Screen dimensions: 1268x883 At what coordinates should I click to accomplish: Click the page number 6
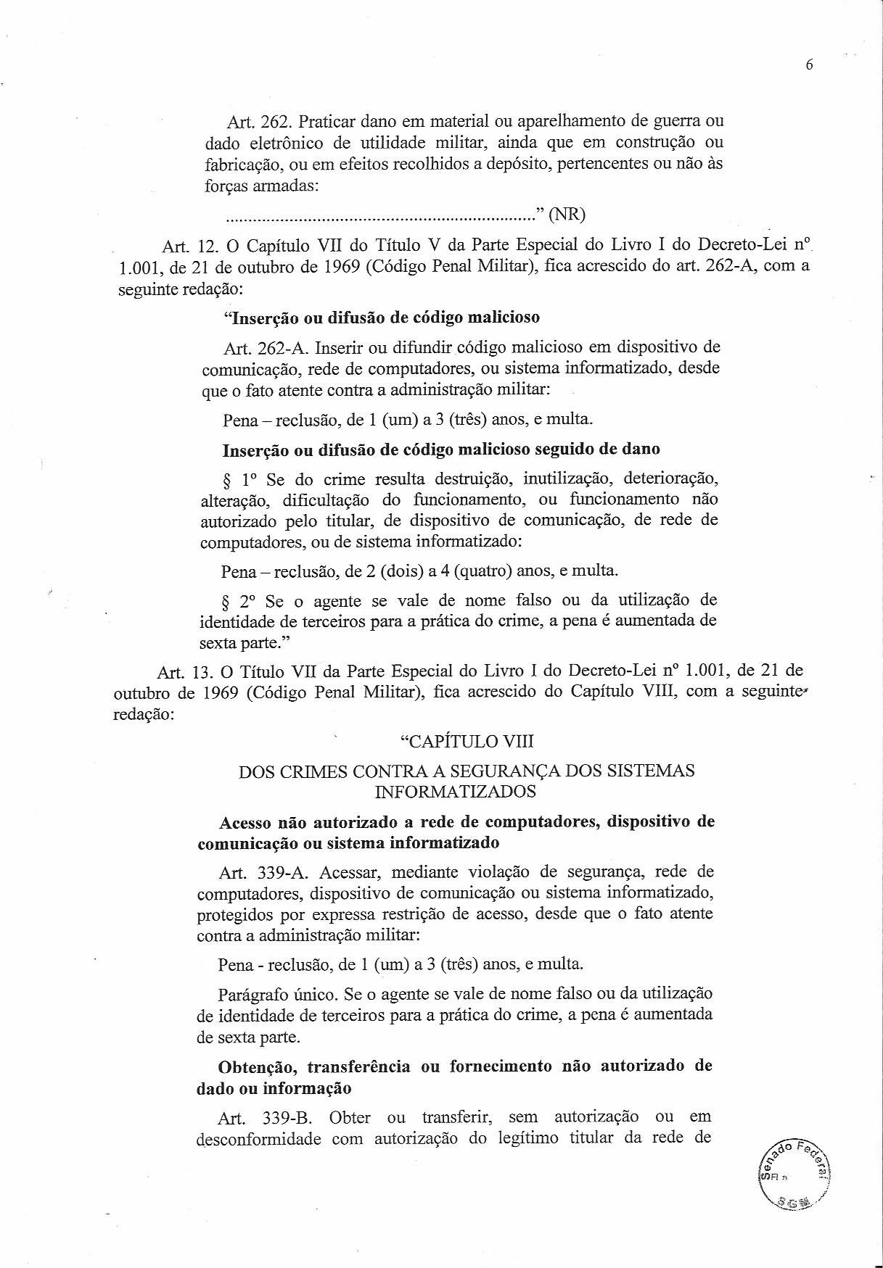pyautogui.click(x=810, y=65)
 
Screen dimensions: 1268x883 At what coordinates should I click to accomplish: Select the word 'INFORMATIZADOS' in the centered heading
pyautogui.click(x=455, y=792)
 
